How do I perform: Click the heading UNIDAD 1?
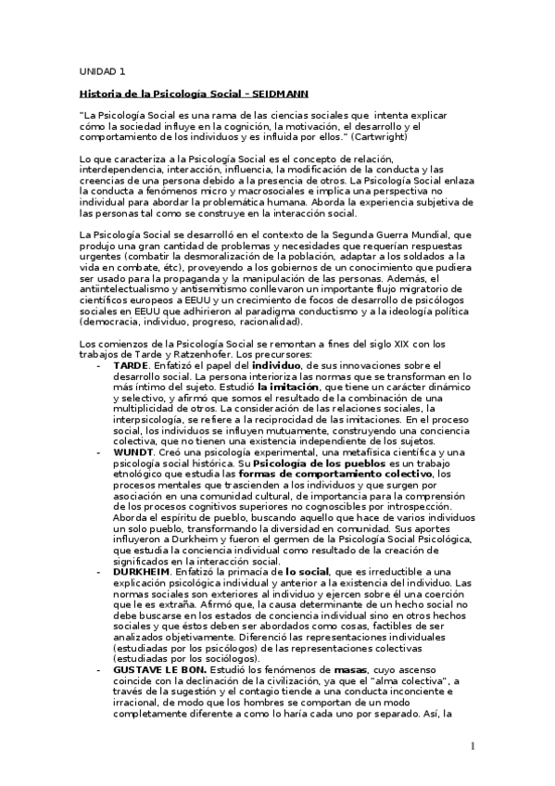pyautogui.click(x=102, y=71)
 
